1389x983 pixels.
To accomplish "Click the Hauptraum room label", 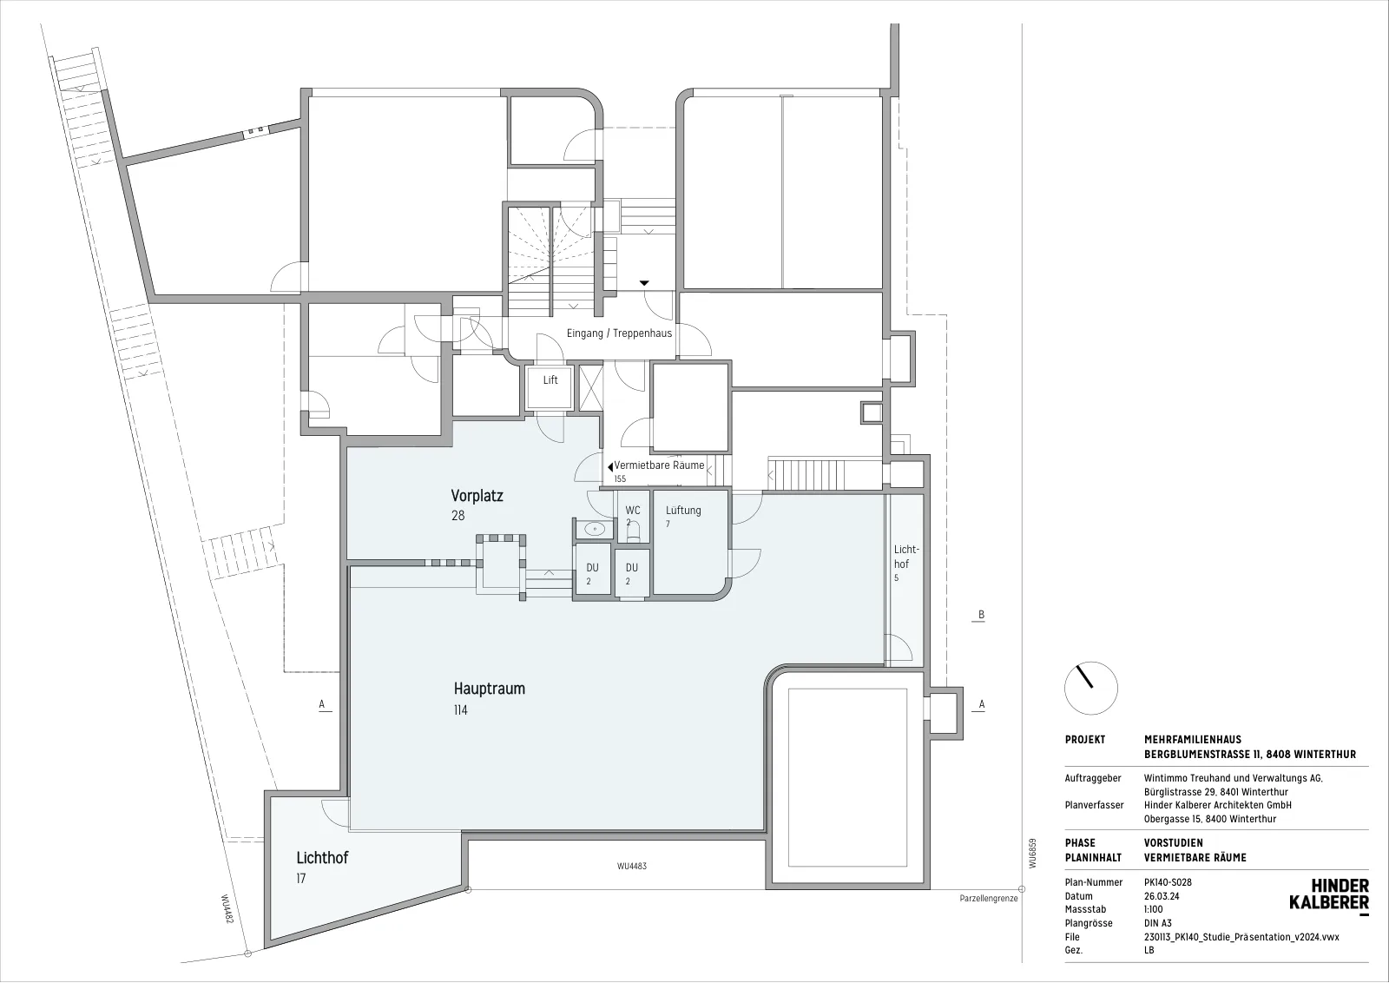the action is tap(490, 689).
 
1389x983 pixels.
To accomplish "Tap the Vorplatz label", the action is tap(477, 496).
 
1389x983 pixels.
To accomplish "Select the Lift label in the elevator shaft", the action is tap(550, 379).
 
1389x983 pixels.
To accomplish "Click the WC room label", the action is tap(633, 511).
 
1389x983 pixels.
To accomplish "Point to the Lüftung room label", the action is tap(683, 510).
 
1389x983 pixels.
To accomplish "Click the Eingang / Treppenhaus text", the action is tap(620, 333).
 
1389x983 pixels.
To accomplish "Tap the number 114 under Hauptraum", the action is tap(461, 710).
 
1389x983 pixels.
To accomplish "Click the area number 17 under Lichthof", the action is tap(300, 878).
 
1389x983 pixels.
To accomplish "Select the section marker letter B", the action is tap(981, 615).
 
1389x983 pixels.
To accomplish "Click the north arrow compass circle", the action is tap(1090, 689).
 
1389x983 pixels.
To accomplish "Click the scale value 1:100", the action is tap(1154, 910).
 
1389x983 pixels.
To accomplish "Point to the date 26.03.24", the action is tap(1162, 896).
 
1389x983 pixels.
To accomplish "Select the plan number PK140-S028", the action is tap(1168, 882).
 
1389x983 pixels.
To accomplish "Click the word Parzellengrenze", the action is tap(989, 898).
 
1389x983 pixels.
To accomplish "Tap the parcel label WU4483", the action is tap(632, 867).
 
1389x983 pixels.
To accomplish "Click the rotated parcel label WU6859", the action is tap(1032, 854).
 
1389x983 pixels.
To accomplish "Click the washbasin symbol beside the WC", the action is tap(595, 529).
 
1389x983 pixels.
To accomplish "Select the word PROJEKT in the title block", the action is tap(1085, 740).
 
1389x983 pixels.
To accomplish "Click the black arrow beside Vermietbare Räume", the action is tap(610, 466).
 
